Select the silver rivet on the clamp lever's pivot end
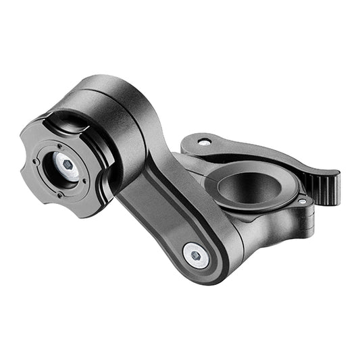pos(203,141)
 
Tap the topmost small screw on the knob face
pos(59,146)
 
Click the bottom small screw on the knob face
pos(59,194)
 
